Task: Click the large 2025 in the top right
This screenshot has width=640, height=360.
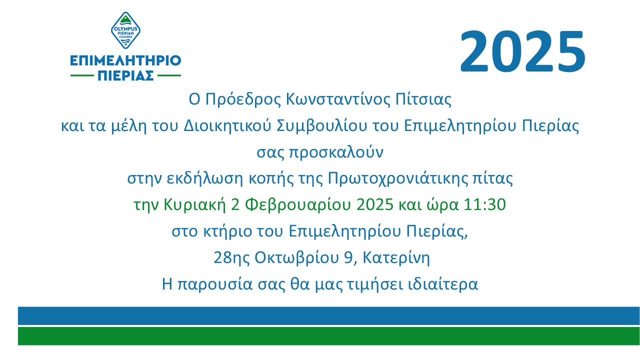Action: pos(523,51)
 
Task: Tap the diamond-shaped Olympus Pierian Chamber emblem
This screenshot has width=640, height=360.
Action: pos(125,30)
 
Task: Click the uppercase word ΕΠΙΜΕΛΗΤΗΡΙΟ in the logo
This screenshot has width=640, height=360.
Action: pos(125,60)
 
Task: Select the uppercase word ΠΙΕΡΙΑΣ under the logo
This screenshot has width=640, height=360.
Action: pos(125,75)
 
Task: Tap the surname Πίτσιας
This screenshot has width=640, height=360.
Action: pos(423,99)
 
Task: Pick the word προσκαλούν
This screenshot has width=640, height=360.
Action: pos(336,153)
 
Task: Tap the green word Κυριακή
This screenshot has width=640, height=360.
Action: pos(194,205)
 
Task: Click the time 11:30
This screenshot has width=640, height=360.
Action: pos(484,205)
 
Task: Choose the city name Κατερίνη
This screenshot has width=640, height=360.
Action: pos(396,258)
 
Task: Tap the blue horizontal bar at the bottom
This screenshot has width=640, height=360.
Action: pos(329,316)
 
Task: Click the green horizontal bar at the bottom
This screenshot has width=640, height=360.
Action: pos(329,336)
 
